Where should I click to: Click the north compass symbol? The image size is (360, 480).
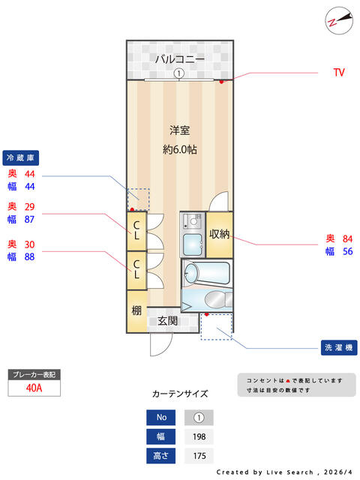coord(339,20)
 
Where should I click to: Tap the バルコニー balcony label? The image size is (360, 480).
coord(180,58)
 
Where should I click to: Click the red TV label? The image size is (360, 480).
coord(339,73)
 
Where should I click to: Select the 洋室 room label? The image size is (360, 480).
coord(180,130)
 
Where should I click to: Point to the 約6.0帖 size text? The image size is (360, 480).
coord(180,150)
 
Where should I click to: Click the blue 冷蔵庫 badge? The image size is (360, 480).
coord(21,158)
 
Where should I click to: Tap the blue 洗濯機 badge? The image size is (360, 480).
coord(339,348)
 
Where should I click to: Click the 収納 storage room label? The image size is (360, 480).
coord(219,234)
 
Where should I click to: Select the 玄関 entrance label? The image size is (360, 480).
coord(168,321)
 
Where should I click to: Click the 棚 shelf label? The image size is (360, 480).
coord(136,310)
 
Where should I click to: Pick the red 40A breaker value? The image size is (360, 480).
coord(34,388)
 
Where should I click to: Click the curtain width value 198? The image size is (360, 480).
coord(199,436)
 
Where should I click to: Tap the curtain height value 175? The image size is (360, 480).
coord(199,456)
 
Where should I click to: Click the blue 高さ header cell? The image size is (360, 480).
coord(160,456)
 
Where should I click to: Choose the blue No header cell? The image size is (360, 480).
coord(160,418)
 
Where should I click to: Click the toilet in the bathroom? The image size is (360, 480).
coord(218,299)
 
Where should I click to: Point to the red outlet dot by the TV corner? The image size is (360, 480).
coord(221,82)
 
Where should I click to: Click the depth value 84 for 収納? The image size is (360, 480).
coord(347,238)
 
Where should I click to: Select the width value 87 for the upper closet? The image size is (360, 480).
coord(29,220)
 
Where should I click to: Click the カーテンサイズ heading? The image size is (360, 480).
coord(180,394)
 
